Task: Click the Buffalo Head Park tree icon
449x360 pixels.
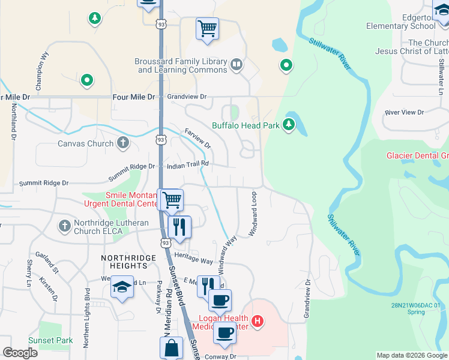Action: click(289, 124)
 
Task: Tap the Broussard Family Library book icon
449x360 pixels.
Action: click(237, 65)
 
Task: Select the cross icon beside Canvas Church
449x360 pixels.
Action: click(122, 143)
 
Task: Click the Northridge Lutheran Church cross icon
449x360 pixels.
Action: click(65, 226)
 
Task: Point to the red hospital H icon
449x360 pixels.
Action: click(257, 322)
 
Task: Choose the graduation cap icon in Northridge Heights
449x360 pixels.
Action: click(122, 287)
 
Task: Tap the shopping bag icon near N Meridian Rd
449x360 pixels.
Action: click(171, 347)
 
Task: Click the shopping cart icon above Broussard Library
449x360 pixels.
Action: click(207, 28)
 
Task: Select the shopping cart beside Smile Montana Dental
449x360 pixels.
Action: click(171, 199)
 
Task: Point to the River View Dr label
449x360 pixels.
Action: click(404, 112)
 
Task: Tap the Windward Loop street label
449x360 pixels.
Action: click(253, 214)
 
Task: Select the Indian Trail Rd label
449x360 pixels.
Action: click(187, 163)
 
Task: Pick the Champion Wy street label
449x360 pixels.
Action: click(42, 72)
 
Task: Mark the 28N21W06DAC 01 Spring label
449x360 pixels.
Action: click(415, 308)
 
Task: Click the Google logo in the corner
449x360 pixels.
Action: click(20, 353)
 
